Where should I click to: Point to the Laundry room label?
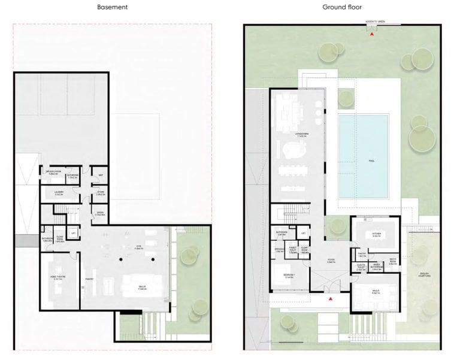(x=59, y=193)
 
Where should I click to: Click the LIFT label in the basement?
(x=73, y=232)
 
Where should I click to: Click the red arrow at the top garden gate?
(x=373, y=35)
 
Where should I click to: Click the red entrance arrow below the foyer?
(x=329, y=298)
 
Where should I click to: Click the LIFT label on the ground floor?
(x=304, y=233)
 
